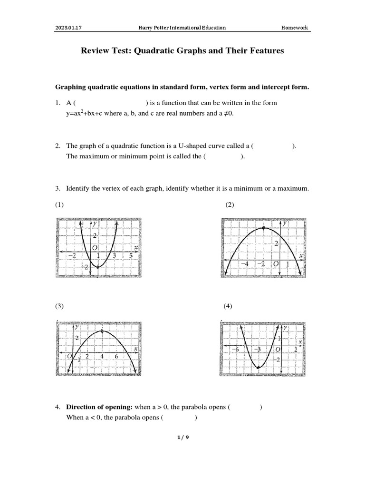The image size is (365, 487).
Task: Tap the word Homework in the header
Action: tap(295, 28)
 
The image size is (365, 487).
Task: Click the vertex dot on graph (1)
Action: tap(98, 267)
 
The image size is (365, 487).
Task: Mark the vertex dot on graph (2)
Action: tap(264, 229)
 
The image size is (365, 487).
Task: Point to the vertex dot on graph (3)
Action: tap(102, 331)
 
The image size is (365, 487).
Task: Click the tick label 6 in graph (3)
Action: tap(116, 356)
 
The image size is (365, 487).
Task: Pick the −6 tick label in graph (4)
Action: tap(234, 350)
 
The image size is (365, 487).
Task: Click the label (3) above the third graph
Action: tap(59, 306)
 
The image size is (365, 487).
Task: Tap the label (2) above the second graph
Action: tap(230, 205)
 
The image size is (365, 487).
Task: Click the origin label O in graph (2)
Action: tap(274, 264)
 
